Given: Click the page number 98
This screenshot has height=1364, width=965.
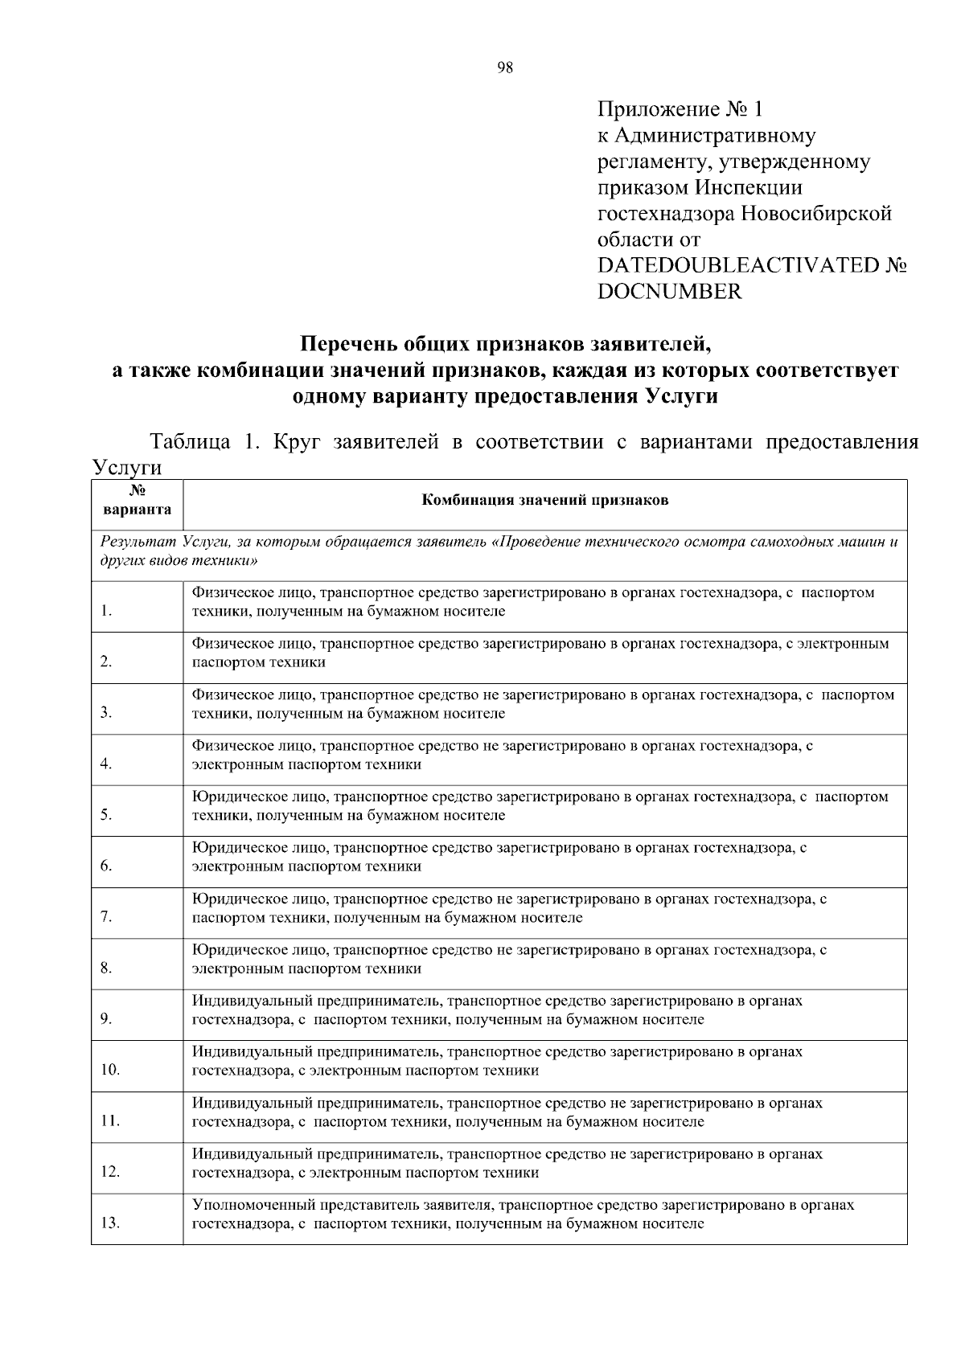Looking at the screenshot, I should point(505,68).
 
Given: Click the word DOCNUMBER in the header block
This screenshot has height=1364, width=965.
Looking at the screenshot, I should point(669,292).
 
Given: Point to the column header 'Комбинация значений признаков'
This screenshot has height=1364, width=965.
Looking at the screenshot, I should point(545,500).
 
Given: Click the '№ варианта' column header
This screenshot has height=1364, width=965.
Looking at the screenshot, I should point(137,500).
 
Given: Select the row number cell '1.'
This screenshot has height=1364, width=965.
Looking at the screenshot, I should point(107,612).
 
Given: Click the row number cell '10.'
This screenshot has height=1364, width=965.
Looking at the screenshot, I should point(110,1070).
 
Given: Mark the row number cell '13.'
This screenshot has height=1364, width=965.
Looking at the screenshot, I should point(110,1223).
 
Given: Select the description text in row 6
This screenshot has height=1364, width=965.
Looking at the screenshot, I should point(499,857).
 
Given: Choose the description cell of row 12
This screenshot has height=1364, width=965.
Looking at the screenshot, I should point(507,1163).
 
